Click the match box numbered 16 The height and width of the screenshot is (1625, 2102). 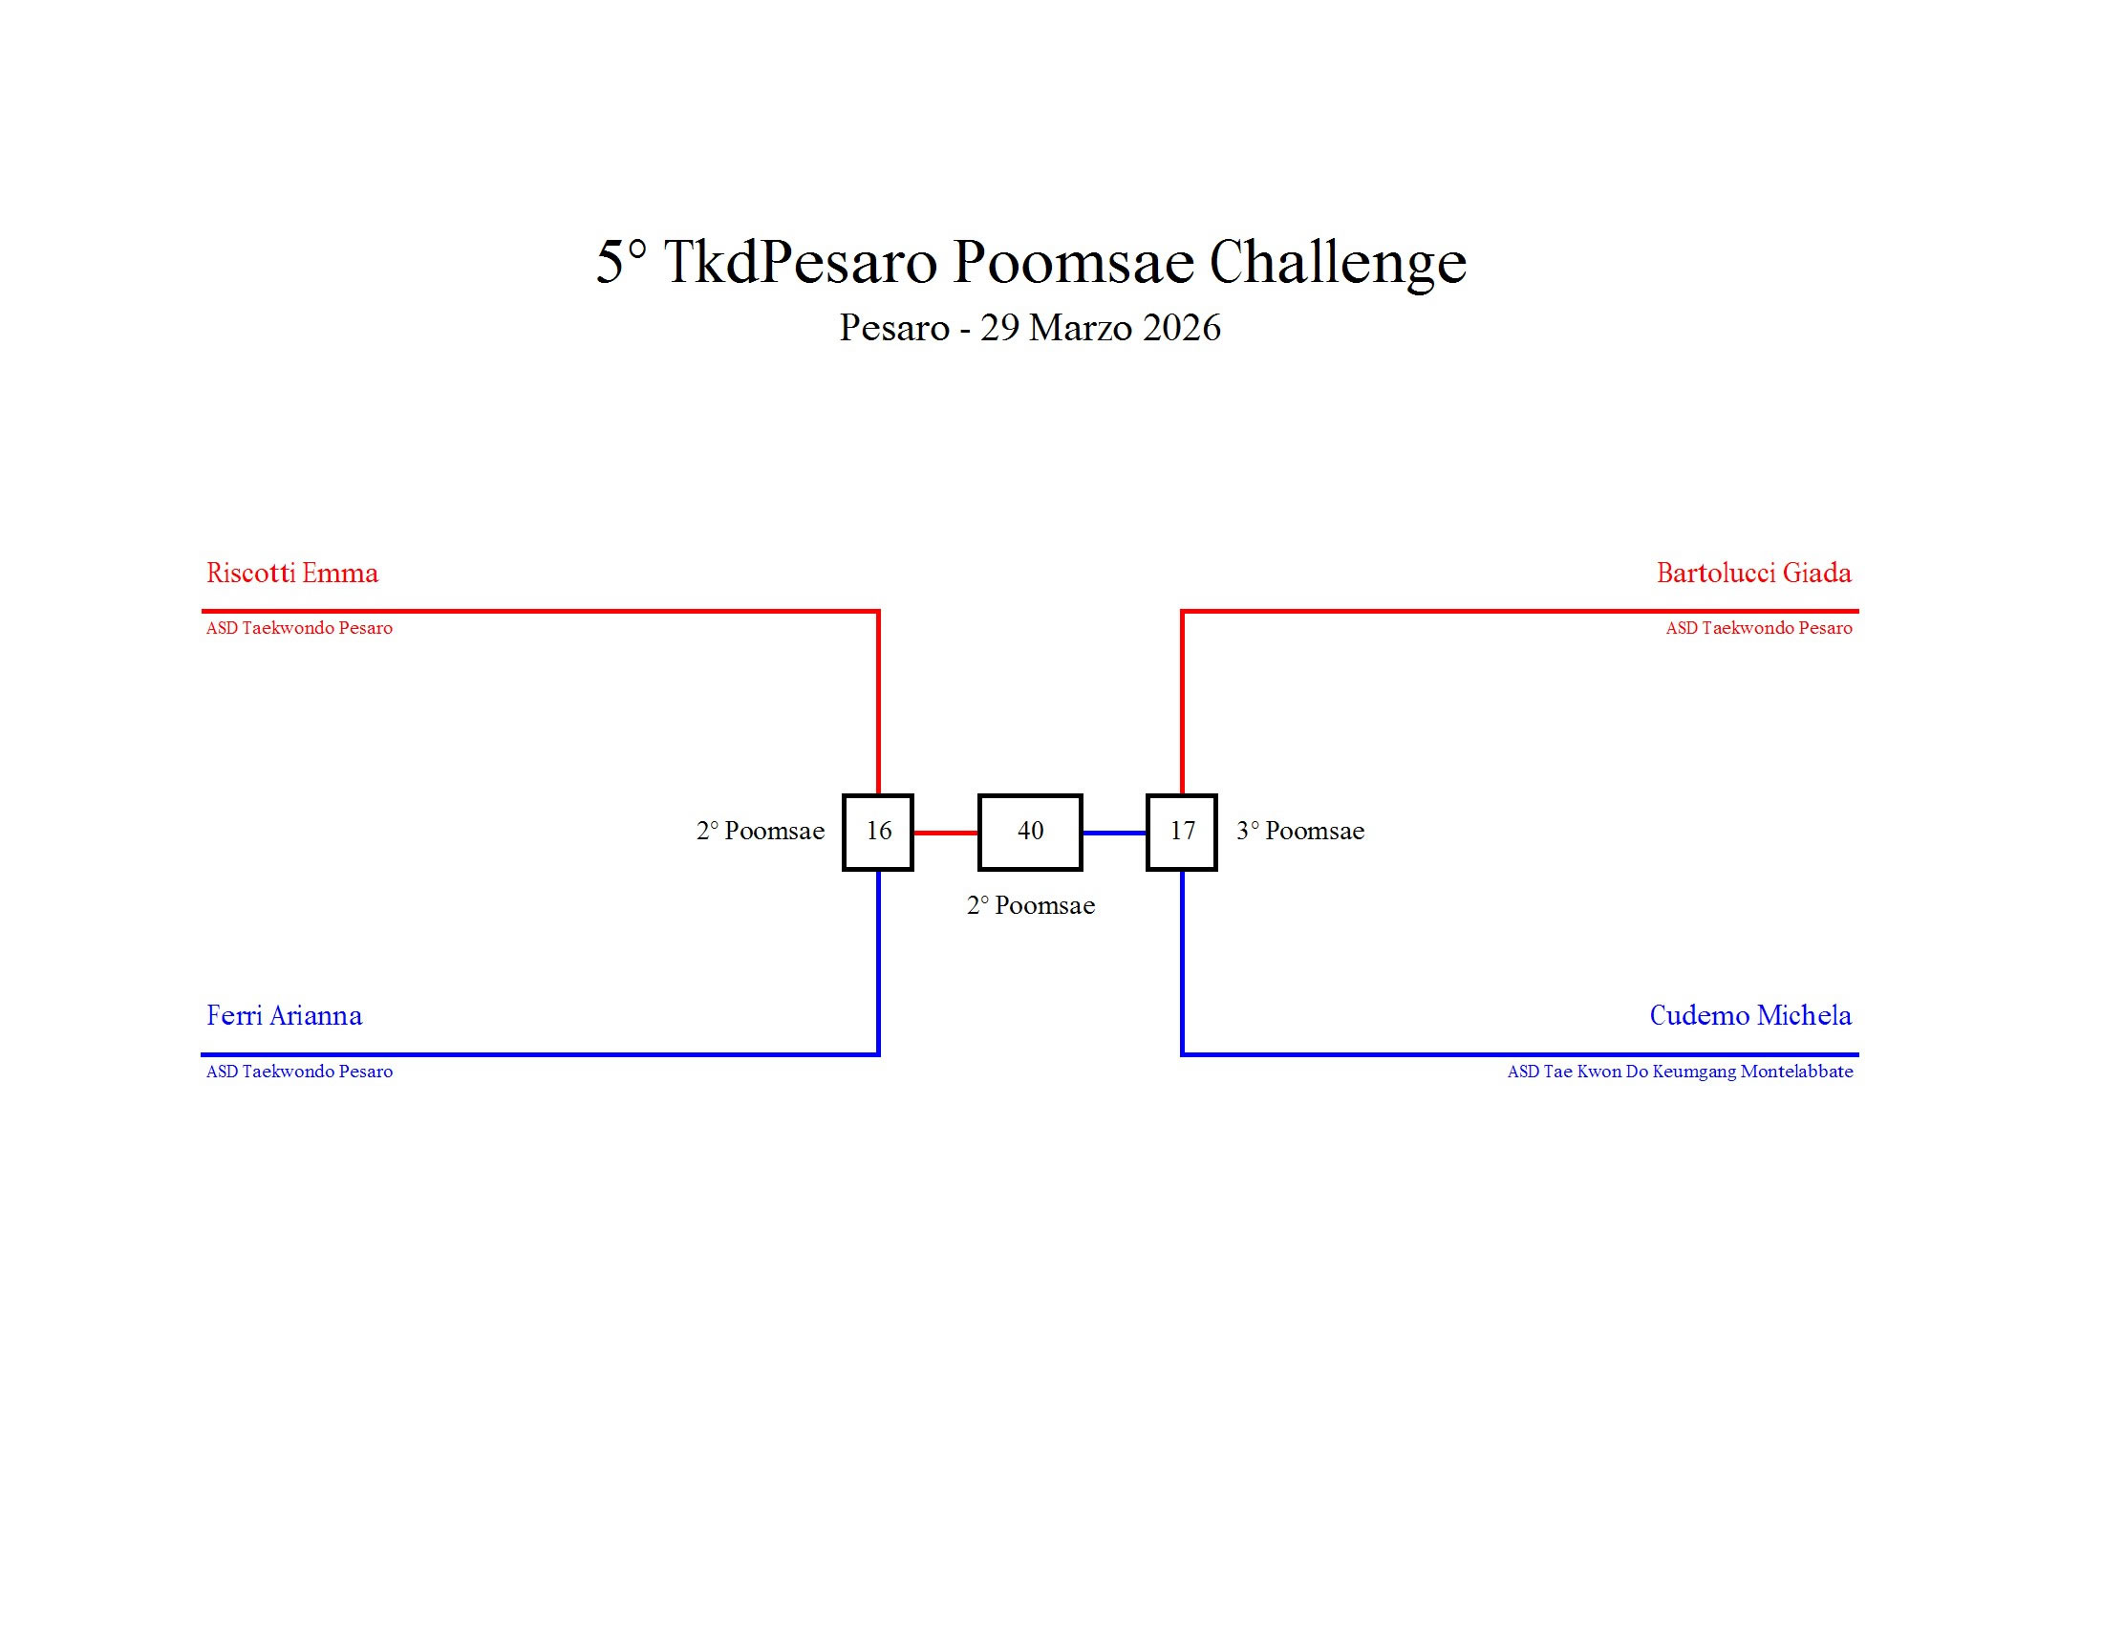click(x=877, y=832)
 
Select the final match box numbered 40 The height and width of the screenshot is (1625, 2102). click(x=1030, y=832)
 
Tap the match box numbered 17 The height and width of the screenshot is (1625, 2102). click(x=1181, y=832)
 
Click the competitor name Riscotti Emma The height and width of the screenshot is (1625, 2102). click(x=291, y=574)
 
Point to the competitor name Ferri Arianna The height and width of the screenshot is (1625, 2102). click(x=284, y=1015)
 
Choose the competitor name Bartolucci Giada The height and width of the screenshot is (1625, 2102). click(x=1752, y=574)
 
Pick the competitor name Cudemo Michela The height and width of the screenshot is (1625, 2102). click(x=1748, y=1015)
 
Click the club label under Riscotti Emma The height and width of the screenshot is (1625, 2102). click(x=298, y=629)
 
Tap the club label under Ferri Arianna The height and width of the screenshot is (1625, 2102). click(x=298, y=1072)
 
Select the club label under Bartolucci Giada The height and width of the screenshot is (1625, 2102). click(x=1757, y=629)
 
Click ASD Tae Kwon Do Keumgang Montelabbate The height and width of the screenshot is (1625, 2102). click(x=1679, y=1072)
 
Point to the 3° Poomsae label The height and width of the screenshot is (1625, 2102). click(x=1299, y=832)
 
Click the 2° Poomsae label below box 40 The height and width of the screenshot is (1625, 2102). click(x=1030, y=906)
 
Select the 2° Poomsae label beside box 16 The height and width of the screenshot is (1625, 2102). click(x=760, y=832)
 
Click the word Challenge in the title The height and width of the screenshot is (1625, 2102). click(x=1337, y=262)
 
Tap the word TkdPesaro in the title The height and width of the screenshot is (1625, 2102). click(x=800, y=262)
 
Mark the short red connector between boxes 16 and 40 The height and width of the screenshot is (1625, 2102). click(x=945, y=833)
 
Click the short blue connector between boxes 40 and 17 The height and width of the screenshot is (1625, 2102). click(x=1113, y=833)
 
